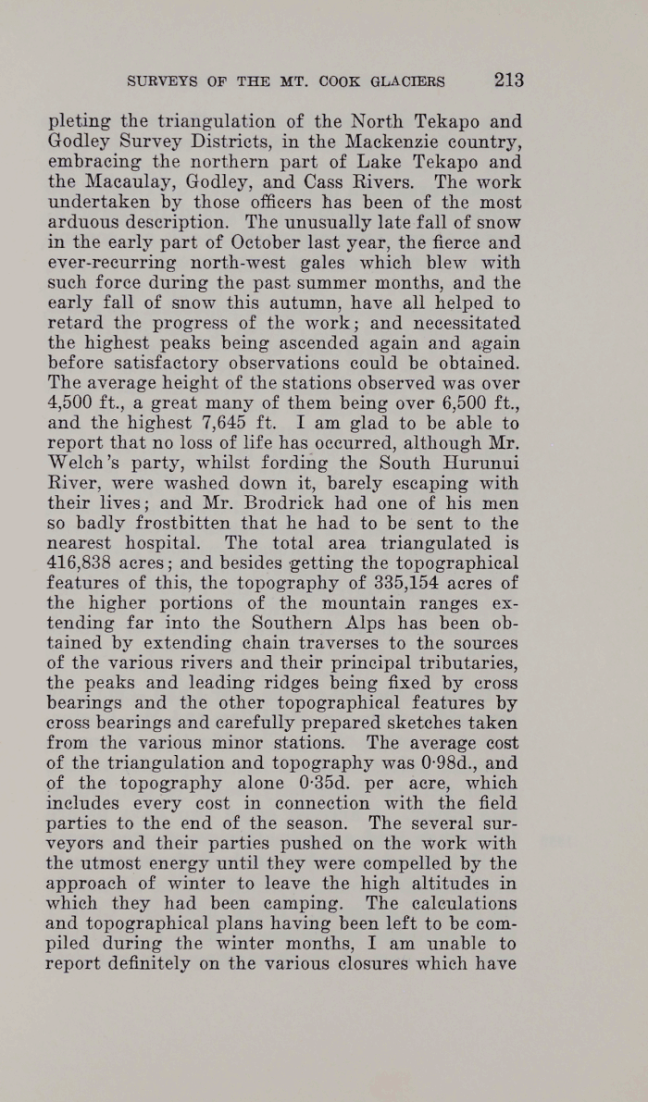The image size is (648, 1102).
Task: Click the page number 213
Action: pos(509,80)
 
